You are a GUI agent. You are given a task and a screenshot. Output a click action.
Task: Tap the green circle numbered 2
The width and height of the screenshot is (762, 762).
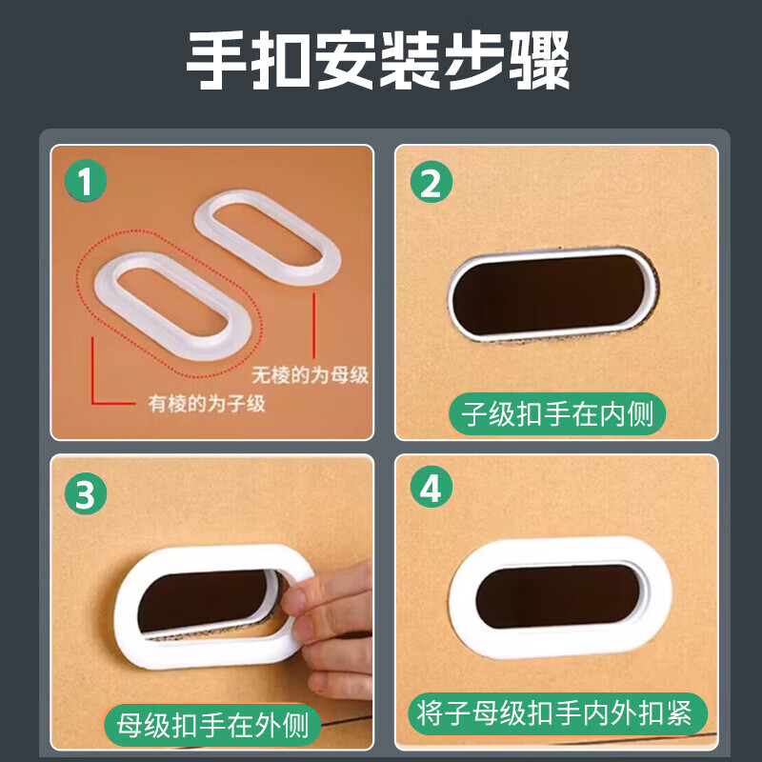click(431, 184)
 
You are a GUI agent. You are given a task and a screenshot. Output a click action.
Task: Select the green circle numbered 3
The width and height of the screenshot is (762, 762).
click(86, 493)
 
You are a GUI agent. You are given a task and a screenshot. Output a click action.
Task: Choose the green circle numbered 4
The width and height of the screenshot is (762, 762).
click(431, 491)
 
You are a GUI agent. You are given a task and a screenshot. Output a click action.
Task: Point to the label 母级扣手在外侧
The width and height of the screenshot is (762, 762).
click(213, 725)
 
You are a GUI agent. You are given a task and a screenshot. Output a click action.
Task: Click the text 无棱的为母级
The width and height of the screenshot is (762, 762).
click(310, 375)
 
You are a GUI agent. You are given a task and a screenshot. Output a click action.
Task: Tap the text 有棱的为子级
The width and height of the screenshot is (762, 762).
click(206, 403)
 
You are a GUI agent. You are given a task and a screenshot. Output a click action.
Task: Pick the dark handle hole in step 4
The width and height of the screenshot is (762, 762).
click(560, 592)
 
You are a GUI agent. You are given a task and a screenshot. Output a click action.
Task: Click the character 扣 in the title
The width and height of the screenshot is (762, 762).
click(282, 62)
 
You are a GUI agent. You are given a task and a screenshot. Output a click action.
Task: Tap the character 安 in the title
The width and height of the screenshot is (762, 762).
click(347, 62)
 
